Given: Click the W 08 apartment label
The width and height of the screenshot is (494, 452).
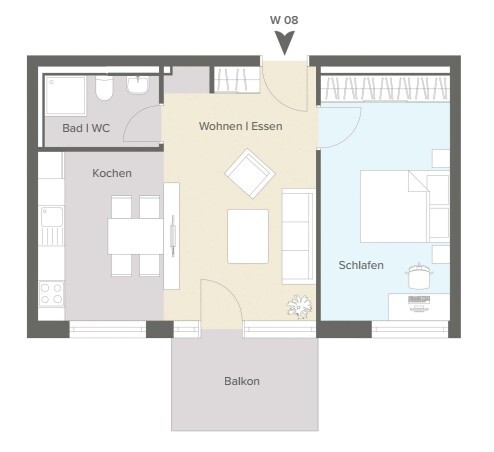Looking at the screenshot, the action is (284, 20).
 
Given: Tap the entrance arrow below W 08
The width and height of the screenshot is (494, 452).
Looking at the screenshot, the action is (284, 43).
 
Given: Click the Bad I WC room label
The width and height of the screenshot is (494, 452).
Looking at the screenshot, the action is (86, 128).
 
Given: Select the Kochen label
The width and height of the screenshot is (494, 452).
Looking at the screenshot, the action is (112, 173).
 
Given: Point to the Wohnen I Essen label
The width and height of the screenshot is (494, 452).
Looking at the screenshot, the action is (241, 126).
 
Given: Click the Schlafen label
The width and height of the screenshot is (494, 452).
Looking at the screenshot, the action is (361, 265).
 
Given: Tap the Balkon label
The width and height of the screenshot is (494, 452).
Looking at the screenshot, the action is (242, 381).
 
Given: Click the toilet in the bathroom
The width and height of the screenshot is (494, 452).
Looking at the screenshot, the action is (104, 87).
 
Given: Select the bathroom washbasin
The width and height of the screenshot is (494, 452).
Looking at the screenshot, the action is (137, 85).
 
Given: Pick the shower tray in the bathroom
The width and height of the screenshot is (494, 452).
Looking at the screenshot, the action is (66, 96).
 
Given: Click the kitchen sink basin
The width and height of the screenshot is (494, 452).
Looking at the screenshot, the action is (52, 217).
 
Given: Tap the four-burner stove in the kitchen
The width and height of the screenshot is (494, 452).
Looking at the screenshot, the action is (51, 294).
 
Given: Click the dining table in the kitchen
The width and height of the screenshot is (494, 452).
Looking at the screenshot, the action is (135, 236).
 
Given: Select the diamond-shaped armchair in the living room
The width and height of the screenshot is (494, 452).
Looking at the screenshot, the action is (250, 174).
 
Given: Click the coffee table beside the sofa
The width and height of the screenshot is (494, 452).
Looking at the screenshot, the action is (248, 236).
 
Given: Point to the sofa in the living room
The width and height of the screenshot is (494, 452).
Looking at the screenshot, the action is (299, 236).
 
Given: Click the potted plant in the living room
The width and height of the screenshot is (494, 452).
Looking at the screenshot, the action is (299, 307).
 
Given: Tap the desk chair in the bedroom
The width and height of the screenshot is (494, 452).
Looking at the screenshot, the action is (419, 276).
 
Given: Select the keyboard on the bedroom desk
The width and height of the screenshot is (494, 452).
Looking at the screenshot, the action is (419, 299).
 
